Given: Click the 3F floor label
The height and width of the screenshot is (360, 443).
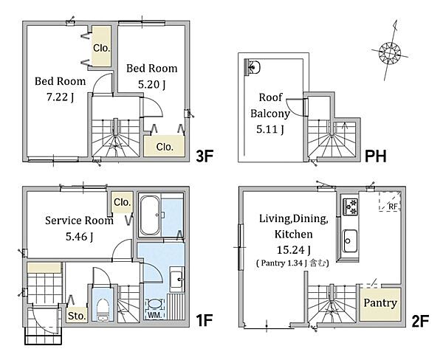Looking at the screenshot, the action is (204, 156).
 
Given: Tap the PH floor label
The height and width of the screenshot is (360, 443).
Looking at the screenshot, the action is (376, 156).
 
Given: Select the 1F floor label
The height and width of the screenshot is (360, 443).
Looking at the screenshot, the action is (204, 320).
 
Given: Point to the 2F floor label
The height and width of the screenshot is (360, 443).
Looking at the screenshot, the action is (420, 320).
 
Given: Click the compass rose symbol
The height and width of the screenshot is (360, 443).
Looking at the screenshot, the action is (390, 53).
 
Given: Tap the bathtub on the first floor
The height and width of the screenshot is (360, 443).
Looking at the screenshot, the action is (150, 215).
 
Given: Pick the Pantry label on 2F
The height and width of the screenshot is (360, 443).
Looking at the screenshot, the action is (380, 303).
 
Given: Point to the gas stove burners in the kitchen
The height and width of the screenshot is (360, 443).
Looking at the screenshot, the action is (350, 206).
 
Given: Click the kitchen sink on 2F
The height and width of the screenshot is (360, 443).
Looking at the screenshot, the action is (350, 241).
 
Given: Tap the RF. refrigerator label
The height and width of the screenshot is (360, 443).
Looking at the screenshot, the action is (393, 207).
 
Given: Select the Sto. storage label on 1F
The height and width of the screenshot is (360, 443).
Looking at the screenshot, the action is (77, 316).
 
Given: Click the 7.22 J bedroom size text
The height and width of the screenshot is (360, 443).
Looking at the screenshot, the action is (61, 97).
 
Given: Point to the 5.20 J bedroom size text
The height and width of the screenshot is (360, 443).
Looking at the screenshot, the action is (151, 84).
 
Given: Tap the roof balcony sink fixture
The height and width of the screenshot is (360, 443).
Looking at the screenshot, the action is (253, 67).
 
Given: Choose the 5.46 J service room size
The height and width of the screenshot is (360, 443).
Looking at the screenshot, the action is (80, 237).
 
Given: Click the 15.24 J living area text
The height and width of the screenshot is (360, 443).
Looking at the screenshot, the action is (294, 250).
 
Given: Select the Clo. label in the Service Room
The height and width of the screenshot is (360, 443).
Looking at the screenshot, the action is (123, 202).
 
